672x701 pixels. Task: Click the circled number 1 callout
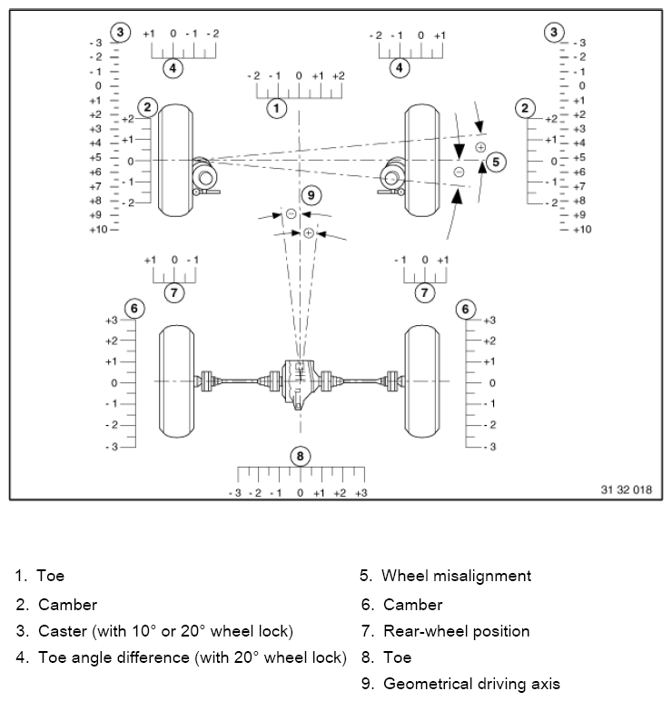click(276, 109)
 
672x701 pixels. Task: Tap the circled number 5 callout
click(495, 162)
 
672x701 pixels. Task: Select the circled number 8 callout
click(300, 456)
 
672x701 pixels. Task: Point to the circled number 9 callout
click(311, 194)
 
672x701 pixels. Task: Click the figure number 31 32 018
click(626, 489)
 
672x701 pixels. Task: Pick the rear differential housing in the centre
click(299, 382)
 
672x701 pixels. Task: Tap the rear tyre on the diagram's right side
click(423, 381)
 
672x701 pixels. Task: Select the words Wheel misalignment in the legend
click(456, 576)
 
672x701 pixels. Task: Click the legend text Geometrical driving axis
click(470, 684)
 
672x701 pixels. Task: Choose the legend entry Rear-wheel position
click(456, 631)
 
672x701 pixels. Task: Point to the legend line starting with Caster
click(165, 631)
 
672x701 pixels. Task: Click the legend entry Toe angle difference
click(192, 657)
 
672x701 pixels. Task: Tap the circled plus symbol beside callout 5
click(480, 146)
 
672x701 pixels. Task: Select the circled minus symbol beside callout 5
click(460, 171)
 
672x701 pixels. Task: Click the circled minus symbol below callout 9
click(291, 213)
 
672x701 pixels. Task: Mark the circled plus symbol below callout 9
click(309, 233)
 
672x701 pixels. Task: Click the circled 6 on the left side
click(134, 309)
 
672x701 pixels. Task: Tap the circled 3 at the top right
click(553, 33)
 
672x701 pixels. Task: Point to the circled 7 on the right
click(424, 292)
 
